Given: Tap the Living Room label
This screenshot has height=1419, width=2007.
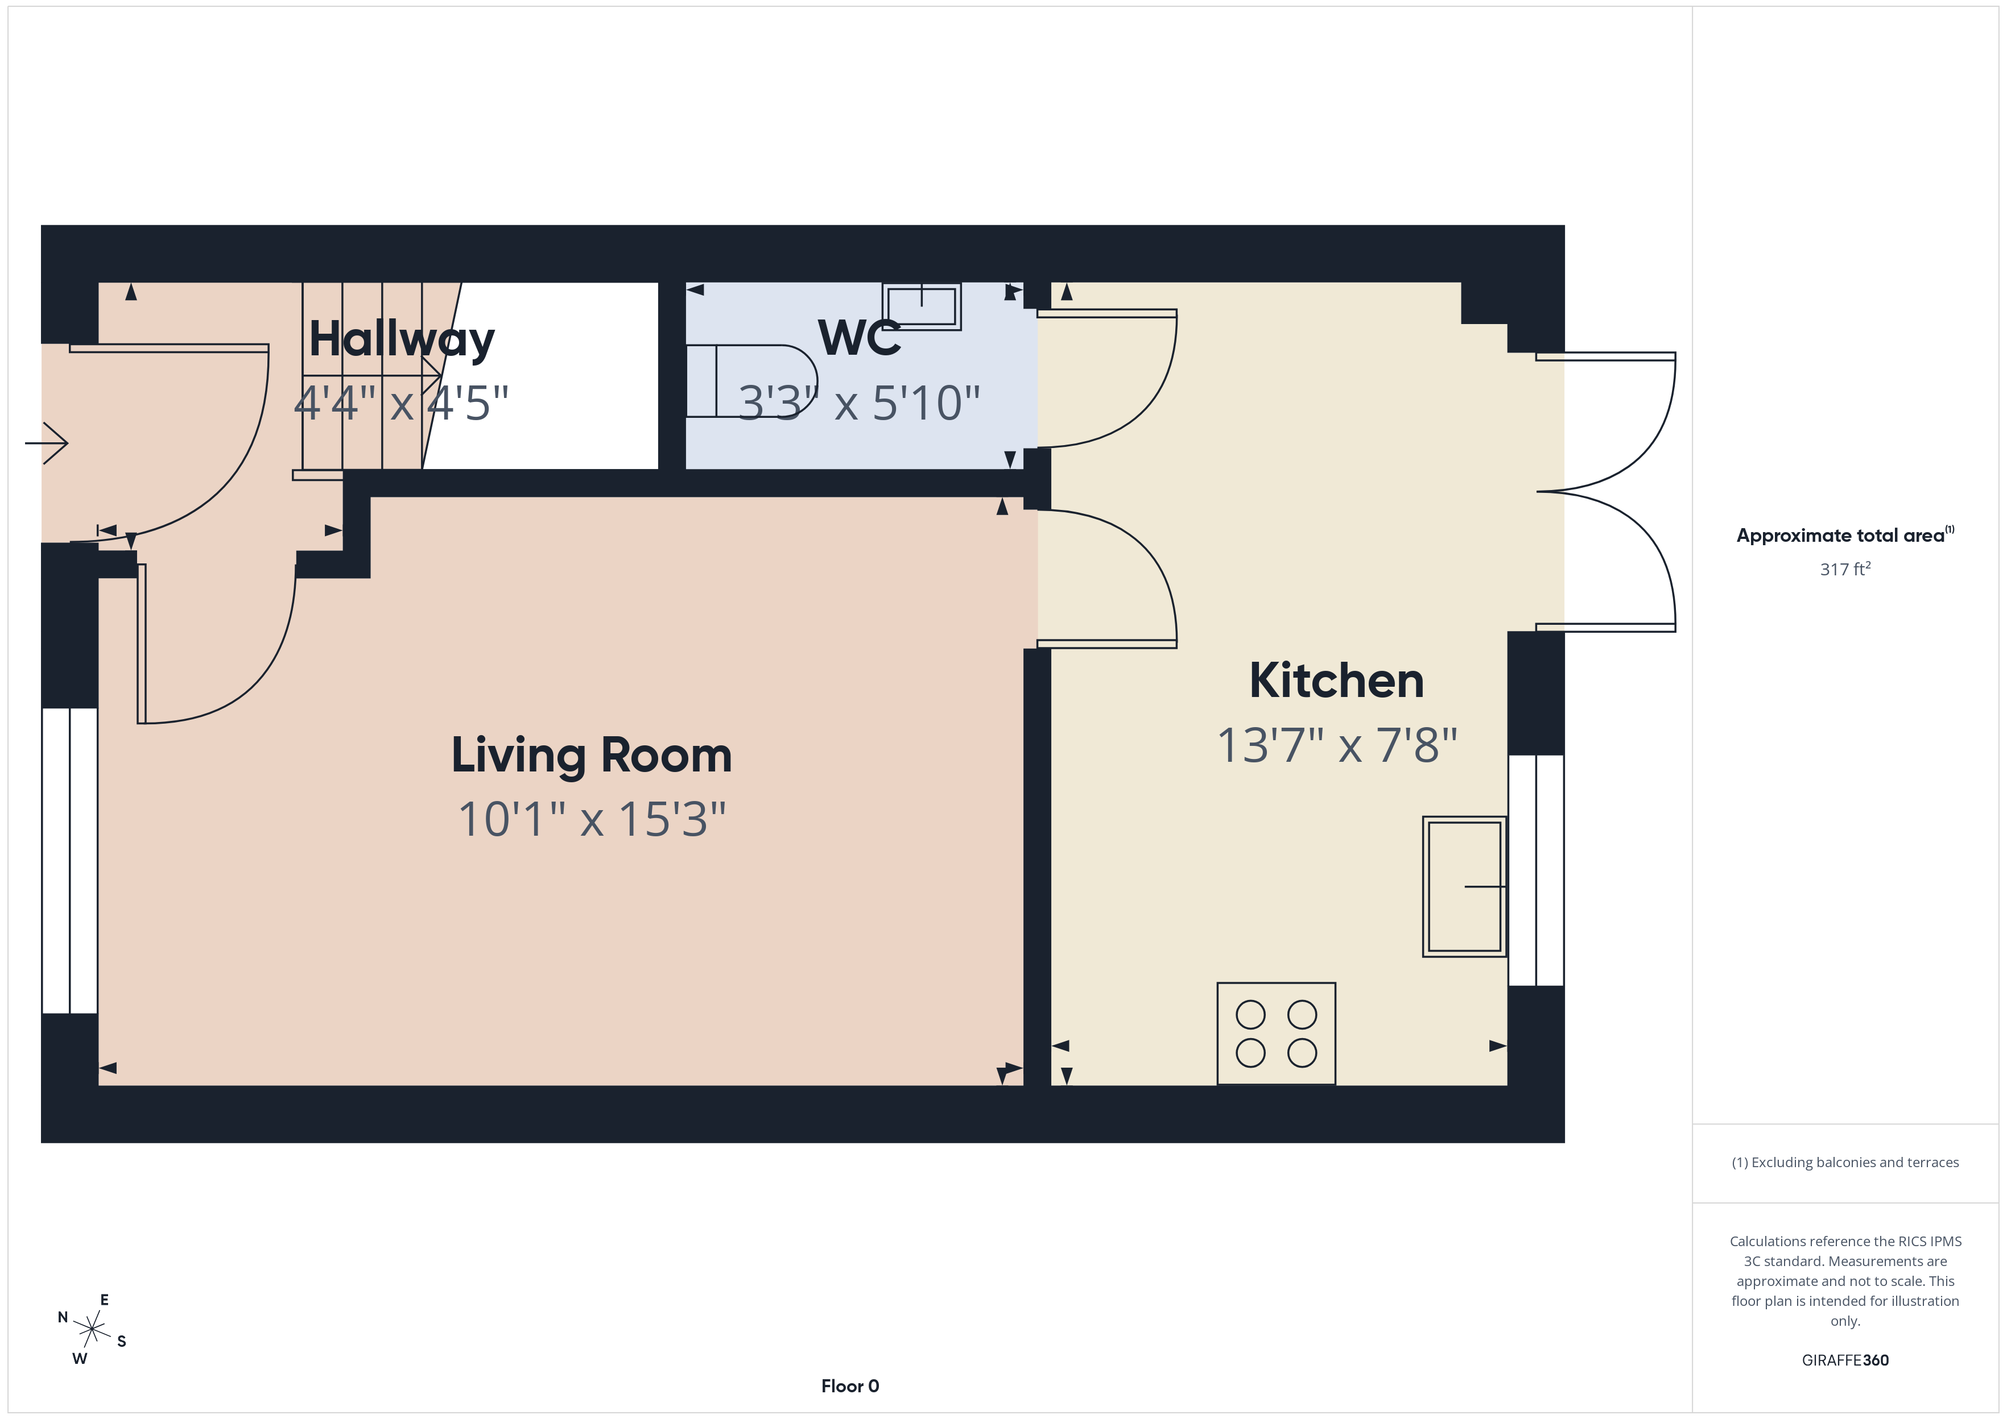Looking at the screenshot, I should pyautogui.click(x=591, y=756).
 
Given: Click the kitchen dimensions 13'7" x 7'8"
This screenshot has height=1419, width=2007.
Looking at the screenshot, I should pyautogui.click(x=1336, y=746).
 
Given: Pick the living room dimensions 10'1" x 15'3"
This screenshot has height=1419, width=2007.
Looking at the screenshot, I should pyautogui.click(x=592, y=820).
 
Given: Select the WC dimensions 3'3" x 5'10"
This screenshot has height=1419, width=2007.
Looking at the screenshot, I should pyautogui.click(x=858, y=404).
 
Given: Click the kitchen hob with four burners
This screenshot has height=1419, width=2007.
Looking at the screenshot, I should pyautogui.click(x=1275, y=1034).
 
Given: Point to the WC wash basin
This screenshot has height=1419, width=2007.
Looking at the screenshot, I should pyautogui.click(x=922, y=306).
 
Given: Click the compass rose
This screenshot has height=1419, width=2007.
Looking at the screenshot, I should pyautogui.click(x=91, y=1330).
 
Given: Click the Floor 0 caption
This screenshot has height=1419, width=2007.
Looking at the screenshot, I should pyautogui.click(x=850, y=1386).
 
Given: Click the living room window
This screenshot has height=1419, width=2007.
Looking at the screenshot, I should pyautogui.click(x=69, y=861).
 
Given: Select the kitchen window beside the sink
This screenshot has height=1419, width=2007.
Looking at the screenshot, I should pyautogui.click(x=1536, y=870).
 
